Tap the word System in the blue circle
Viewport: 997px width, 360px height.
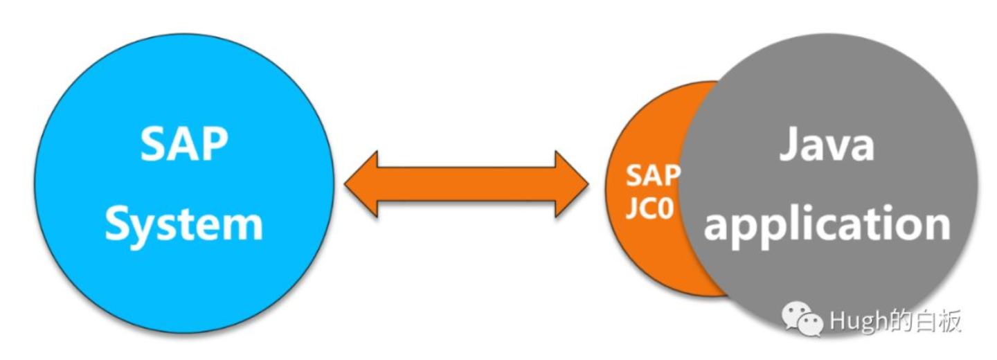(x=184, y=223)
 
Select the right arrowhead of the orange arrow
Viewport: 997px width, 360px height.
(x=571, y=184)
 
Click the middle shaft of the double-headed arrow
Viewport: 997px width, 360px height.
(x=466, y=184)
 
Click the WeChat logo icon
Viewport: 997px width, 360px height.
(x=802, y=318)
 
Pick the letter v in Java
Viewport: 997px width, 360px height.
(x=838, y=148)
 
